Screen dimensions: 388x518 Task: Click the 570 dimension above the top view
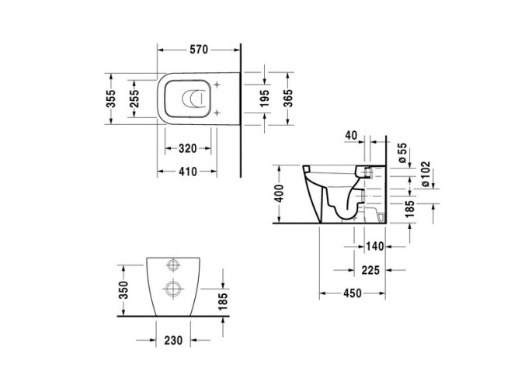point(200,50)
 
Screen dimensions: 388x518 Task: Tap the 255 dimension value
point(134,99)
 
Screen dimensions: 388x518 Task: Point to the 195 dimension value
point(265,99)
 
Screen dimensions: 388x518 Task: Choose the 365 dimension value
point(288,99)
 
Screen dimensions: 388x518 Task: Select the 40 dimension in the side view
point(350,137)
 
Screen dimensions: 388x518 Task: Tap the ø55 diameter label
point(402,153)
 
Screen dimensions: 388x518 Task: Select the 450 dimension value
point(353,294)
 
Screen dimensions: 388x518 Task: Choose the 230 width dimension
point(172,339)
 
